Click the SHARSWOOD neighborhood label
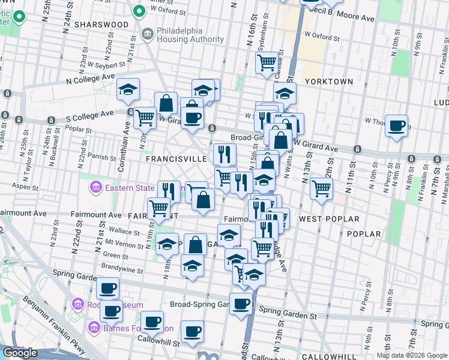(x=101, y=25)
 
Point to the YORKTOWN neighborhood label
(x=328, y=81)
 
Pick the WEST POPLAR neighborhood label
(x=329, y=220)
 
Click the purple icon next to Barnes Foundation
(x=94, y=328)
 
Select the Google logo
(x=20, y=353)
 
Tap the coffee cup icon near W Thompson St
(x=396, y=125)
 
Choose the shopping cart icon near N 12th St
(x=322, y=188)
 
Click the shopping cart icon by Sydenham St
(x=267, y=61)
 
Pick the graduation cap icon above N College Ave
(x=128, y=89)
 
